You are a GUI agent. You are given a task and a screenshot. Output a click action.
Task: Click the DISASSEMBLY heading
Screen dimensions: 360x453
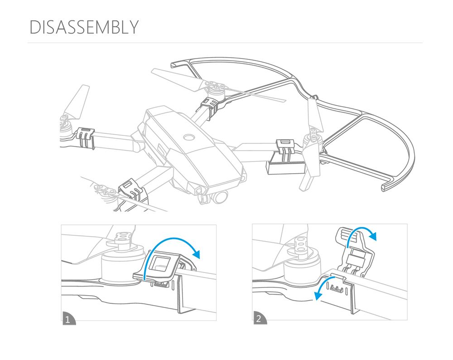coord(83,27)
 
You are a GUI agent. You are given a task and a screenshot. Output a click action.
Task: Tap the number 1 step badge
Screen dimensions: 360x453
coord(67,320)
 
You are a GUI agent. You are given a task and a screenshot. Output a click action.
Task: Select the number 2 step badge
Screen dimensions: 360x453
coord(259,319)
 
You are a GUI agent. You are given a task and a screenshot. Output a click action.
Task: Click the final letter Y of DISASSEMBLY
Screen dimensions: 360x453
coord(133,27)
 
